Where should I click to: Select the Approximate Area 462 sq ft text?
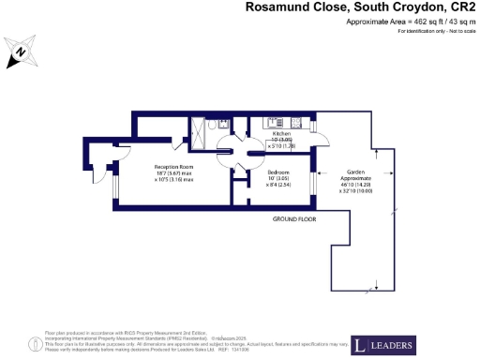pos(412,22)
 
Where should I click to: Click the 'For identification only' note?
pos(435,32)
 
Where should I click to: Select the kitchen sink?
pos(275,122)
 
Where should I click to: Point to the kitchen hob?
pos(294,122)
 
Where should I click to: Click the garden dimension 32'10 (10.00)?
pos(354,187)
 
